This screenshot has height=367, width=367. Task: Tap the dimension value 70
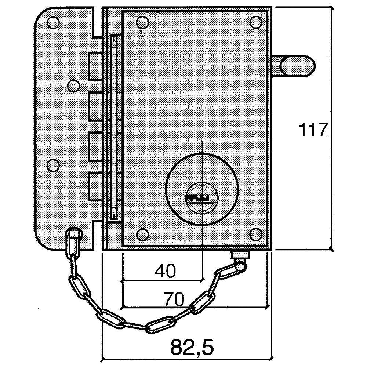(174, 299)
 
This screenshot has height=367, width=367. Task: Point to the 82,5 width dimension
(192, 347)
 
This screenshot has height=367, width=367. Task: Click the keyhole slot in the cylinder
(197, 198)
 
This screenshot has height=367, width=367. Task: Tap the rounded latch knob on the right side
(297, 66)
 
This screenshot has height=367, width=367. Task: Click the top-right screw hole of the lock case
(256, 22)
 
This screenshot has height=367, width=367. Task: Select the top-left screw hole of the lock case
(142, 23)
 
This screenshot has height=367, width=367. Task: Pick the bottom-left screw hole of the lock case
(142, 235)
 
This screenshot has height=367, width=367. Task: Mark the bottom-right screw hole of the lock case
(256, 235)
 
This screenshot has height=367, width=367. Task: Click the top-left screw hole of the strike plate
(53, 22)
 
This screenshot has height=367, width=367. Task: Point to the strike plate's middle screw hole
(73, 86)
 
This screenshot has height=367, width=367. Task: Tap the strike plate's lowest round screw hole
(53, 165)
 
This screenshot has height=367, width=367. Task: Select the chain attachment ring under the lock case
(241, 266)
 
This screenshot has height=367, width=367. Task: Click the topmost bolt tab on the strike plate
(95, 67)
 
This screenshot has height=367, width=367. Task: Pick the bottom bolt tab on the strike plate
(95, 186)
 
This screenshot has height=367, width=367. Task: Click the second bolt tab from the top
(95, 107)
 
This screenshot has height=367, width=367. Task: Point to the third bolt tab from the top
(95, 147)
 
